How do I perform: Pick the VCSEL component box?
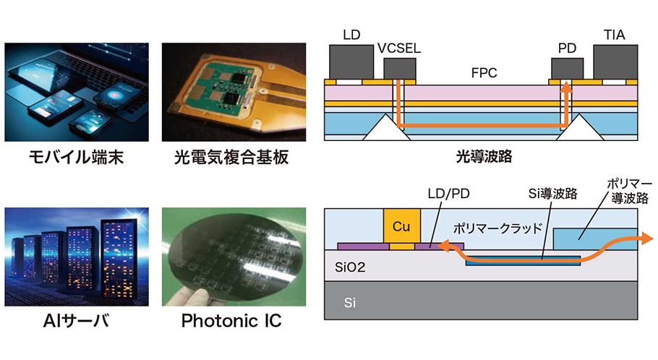400,69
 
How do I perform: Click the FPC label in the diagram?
483,73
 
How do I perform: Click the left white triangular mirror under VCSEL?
381,130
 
